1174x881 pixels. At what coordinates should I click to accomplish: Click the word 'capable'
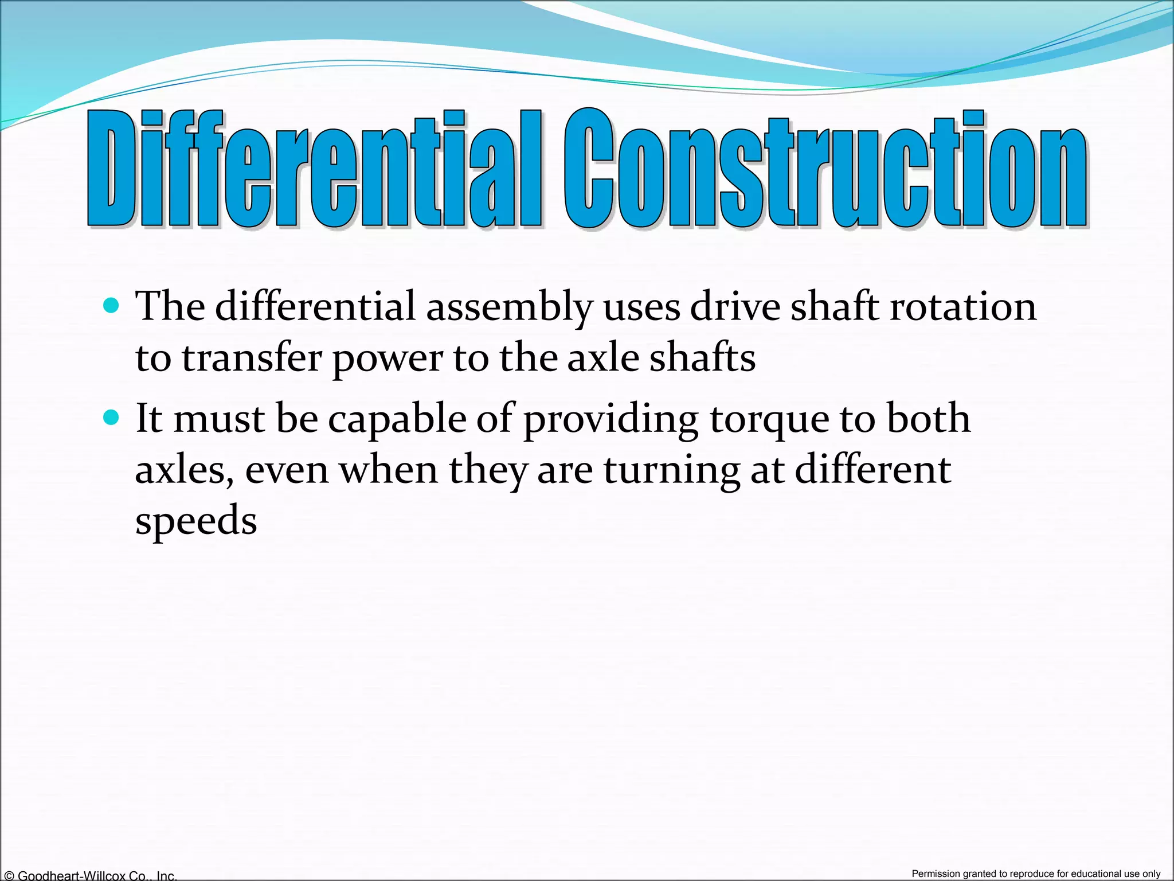397,419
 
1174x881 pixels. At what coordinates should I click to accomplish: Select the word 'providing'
611,419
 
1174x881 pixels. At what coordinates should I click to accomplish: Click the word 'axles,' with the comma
184,470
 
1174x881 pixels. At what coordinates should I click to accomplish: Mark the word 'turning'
671,471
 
